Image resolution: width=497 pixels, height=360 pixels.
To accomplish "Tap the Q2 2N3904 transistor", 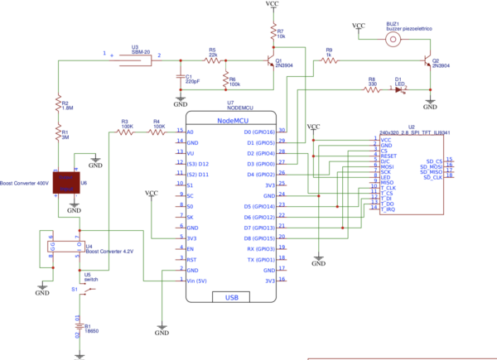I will pos(425,63).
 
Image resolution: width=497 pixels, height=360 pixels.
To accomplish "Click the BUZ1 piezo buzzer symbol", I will pos(395,38).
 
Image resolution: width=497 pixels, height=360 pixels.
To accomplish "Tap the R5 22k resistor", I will pos(213,60).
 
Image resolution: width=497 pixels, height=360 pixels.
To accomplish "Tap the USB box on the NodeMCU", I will pos(232,297).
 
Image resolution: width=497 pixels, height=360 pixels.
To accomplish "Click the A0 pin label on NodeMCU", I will pos(191,132).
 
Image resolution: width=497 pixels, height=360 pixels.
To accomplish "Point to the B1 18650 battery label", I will pos(90,330).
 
